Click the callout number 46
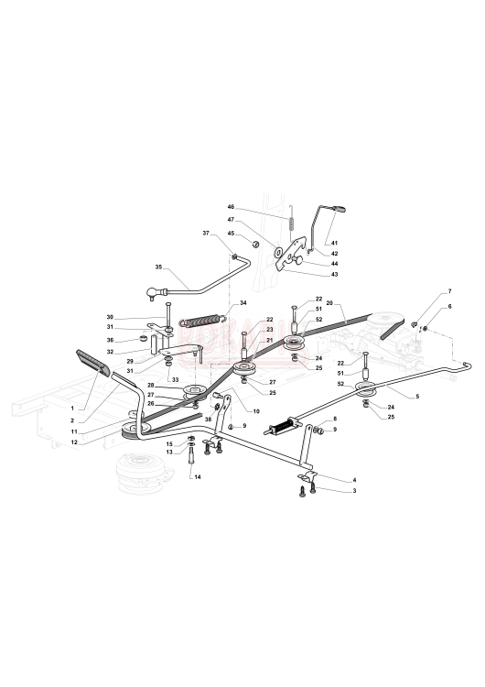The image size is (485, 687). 232,206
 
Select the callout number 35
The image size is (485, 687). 158,267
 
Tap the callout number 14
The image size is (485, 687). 198,477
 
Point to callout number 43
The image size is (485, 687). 334,274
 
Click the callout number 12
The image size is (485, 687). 74,442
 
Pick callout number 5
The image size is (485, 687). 417,397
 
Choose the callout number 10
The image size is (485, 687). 256,411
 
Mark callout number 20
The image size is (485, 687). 329,302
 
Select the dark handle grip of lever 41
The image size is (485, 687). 339,209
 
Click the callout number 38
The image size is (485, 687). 208,419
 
